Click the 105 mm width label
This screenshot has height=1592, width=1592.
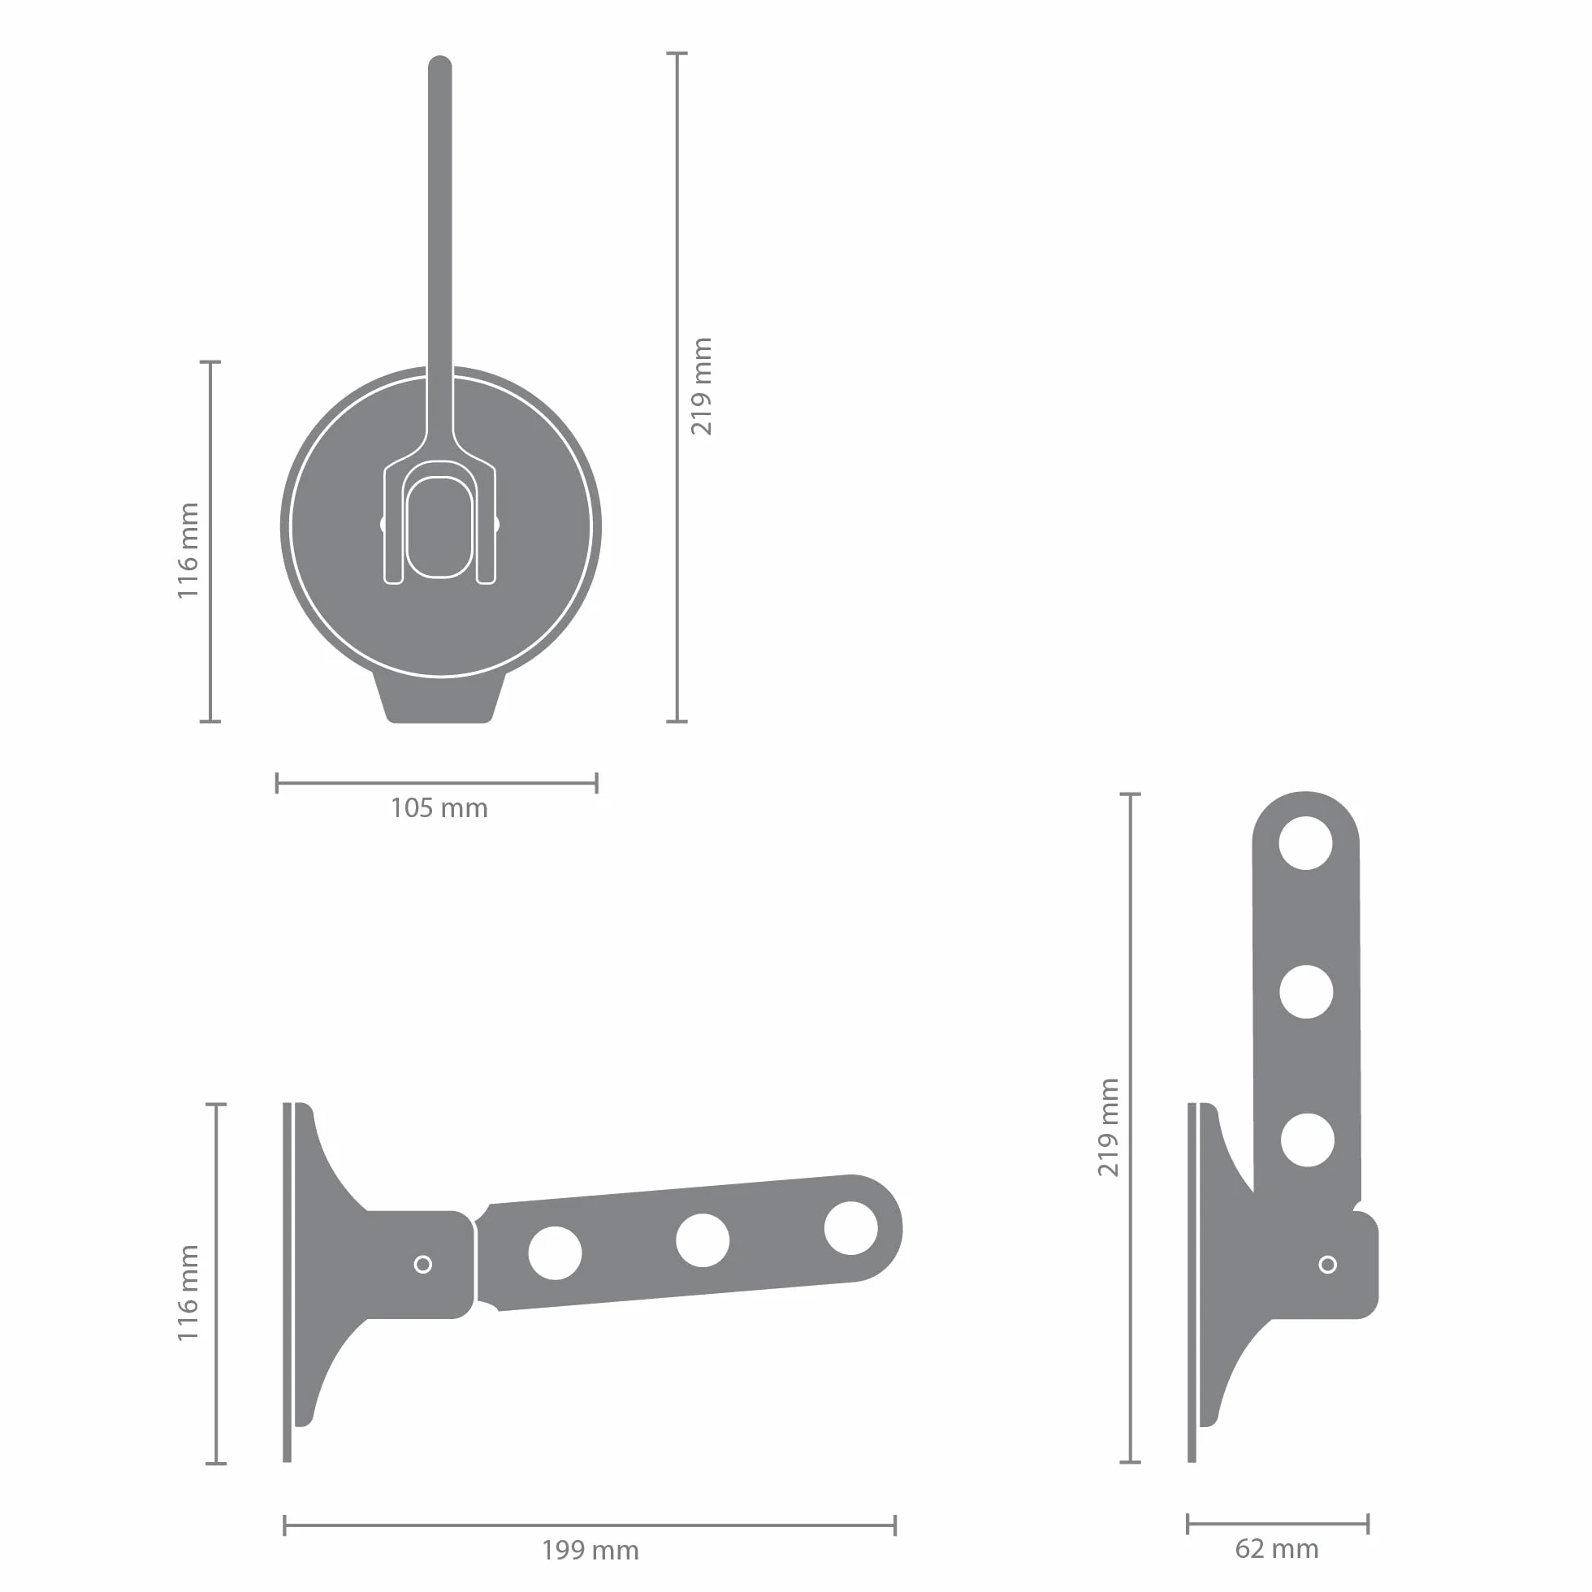[x=439, y=807]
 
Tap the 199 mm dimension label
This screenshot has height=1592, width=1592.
[x=590, y=1550]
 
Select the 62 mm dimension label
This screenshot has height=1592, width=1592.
[x=1276, y=1548]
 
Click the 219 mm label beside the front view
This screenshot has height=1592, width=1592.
[x=701, y=387]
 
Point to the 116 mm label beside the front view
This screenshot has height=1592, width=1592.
[x=188, y=551]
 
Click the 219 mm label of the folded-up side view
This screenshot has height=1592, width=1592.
[x=1110, y=1127]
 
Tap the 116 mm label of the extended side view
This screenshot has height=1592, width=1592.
[x=188, y=1293]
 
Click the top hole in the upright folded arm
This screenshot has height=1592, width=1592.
[x=1305, y=843]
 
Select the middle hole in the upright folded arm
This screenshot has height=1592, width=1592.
[x=1306, y=992]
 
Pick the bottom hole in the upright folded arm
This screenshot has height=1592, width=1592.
[x=1307, y=1140]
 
